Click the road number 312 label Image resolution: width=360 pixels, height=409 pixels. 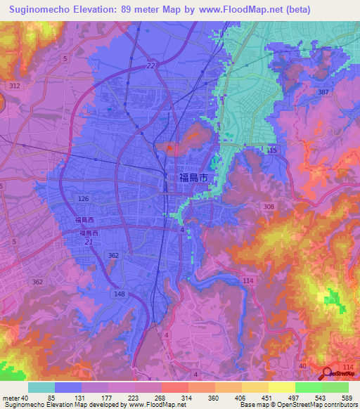(x=14, y=85)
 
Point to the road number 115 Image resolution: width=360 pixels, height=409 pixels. (x=273, y=151)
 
